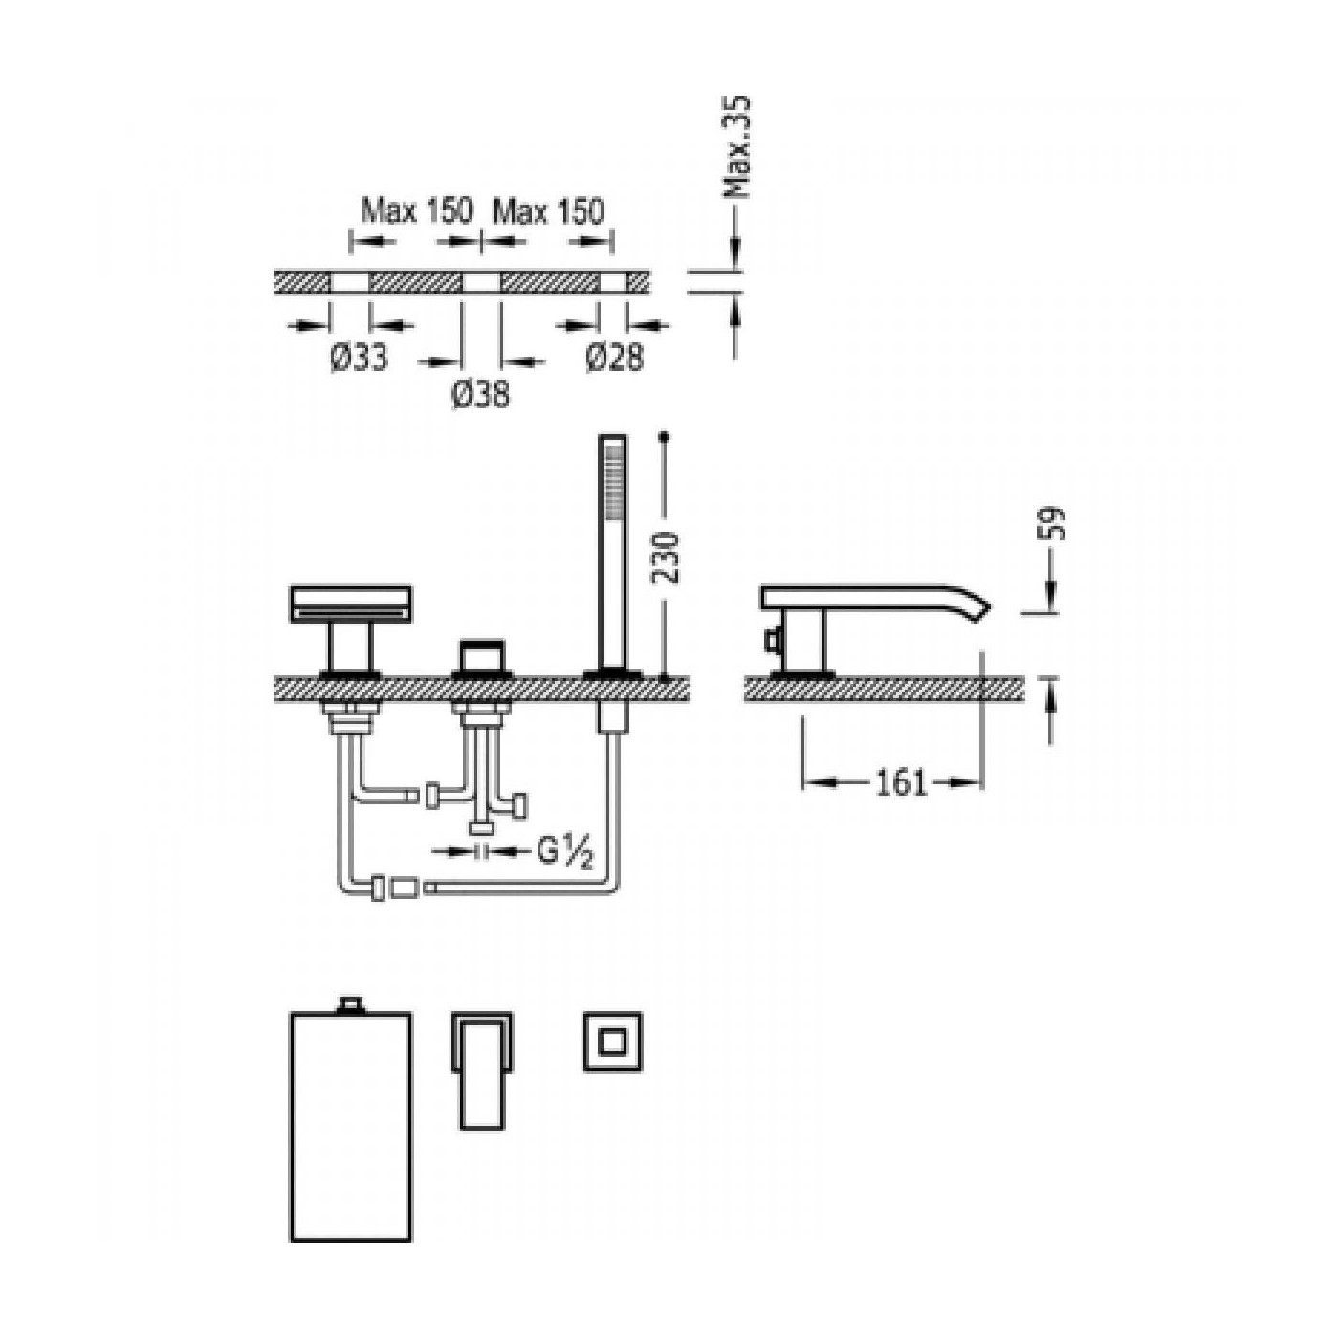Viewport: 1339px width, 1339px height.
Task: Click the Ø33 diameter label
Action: click(x=360, y=358)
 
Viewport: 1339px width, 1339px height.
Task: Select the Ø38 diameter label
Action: click(x=481, y=392)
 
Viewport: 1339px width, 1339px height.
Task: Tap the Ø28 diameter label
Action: click(x=614, y=358)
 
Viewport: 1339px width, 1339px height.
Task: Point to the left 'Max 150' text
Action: click(x=416, y=210)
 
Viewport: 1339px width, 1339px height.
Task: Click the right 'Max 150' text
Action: click(x=548, y=210)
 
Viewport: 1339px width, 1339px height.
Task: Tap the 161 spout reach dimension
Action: click(x=902, y=782)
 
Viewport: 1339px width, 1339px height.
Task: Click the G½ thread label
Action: click(x=564, y=850)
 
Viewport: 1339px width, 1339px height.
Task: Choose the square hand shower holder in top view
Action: click(x=612, y=1042)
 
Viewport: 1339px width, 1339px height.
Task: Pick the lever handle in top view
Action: click(x=482, y=1071)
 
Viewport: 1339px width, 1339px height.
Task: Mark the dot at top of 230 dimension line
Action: click(x=666, y=437)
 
